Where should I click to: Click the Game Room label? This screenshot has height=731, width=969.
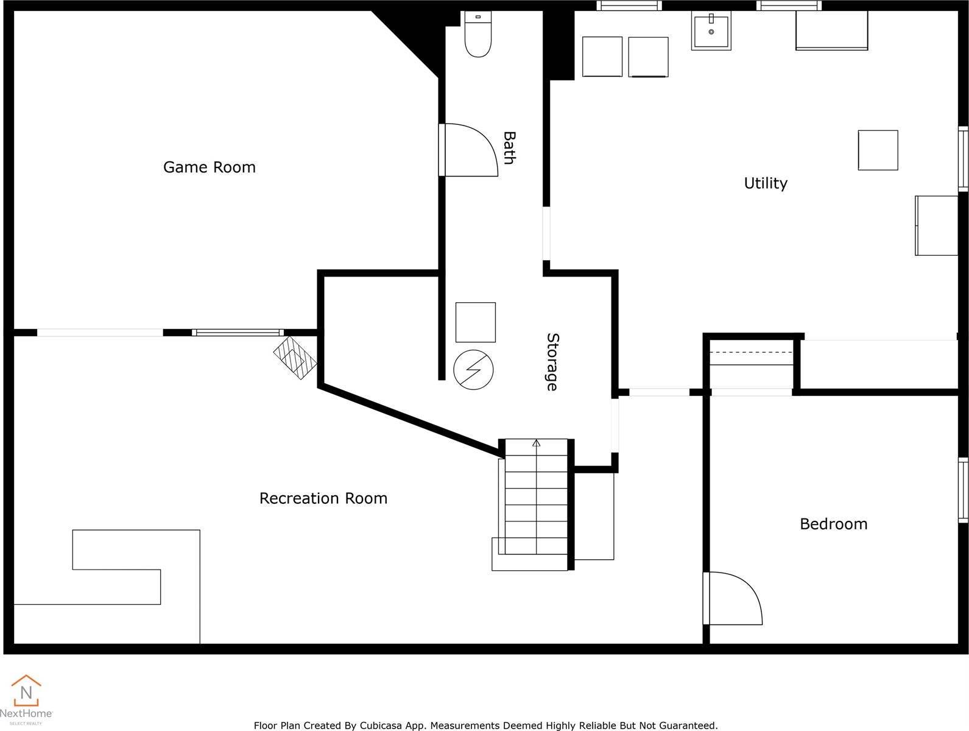[209, 167]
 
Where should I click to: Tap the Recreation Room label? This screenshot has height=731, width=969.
[323, 498]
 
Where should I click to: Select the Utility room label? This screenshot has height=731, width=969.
[765, 183]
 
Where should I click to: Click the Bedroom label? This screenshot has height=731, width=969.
[833, 524]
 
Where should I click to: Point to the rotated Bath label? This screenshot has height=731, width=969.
[509, 147]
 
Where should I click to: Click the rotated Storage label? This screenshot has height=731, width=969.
[552, 362]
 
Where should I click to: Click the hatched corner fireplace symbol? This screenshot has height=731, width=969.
[295, 359]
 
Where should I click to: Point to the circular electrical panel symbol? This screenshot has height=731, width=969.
[473, 369]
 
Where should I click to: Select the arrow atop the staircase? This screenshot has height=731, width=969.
[536, 443]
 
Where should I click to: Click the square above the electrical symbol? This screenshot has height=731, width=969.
[475, 322]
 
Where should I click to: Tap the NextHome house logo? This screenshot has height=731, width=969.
[26, 691]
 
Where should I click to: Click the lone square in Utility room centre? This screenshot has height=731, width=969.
[878, 150]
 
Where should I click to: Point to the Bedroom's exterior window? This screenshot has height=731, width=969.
[963, 490]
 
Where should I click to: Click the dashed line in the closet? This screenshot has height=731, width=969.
[752, 353]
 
